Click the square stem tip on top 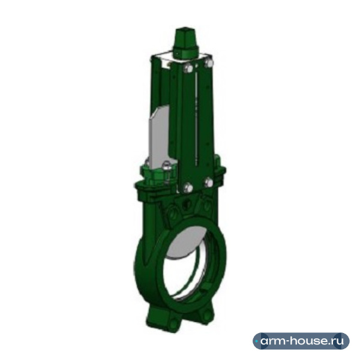185,37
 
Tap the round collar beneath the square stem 185,52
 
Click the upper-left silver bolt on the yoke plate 188,68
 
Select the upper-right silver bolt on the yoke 208,62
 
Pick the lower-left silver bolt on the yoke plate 188,187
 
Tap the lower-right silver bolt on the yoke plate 208,182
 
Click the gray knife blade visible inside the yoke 160,136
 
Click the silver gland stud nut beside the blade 166,166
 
